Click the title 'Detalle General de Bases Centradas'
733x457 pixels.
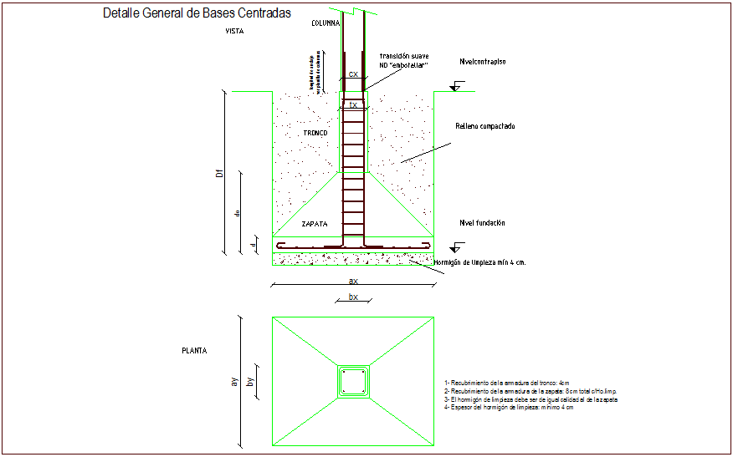(197, 13)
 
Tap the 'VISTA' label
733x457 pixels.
(234, 31)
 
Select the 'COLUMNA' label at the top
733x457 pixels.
(325, 23)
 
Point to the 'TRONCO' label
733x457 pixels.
(314, 134)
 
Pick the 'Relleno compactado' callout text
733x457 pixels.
(484, 126)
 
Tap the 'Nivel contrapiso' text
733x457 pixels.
(483, 62)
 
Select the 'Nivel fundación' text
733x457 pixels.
(482, 223)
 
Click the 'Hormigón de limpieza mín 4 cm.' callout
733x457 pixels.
(479, 262)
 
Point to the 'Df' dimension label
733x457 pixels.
(219, 173)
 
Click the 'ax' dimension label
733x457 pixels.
(353, 282)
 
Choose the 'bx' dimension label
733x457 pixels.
(353, 297)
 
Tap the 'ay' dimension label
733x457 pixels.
(235, 381)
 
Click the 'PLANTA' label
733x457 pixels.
(194, 351)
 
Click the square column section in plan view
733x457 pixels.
(353, 381)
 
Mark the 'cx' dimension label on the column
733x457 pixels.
(353, 74)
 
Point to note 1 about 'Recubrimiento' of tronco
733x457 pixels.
(507, 383)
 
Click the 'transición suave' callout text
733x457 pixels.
(403, 55)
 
